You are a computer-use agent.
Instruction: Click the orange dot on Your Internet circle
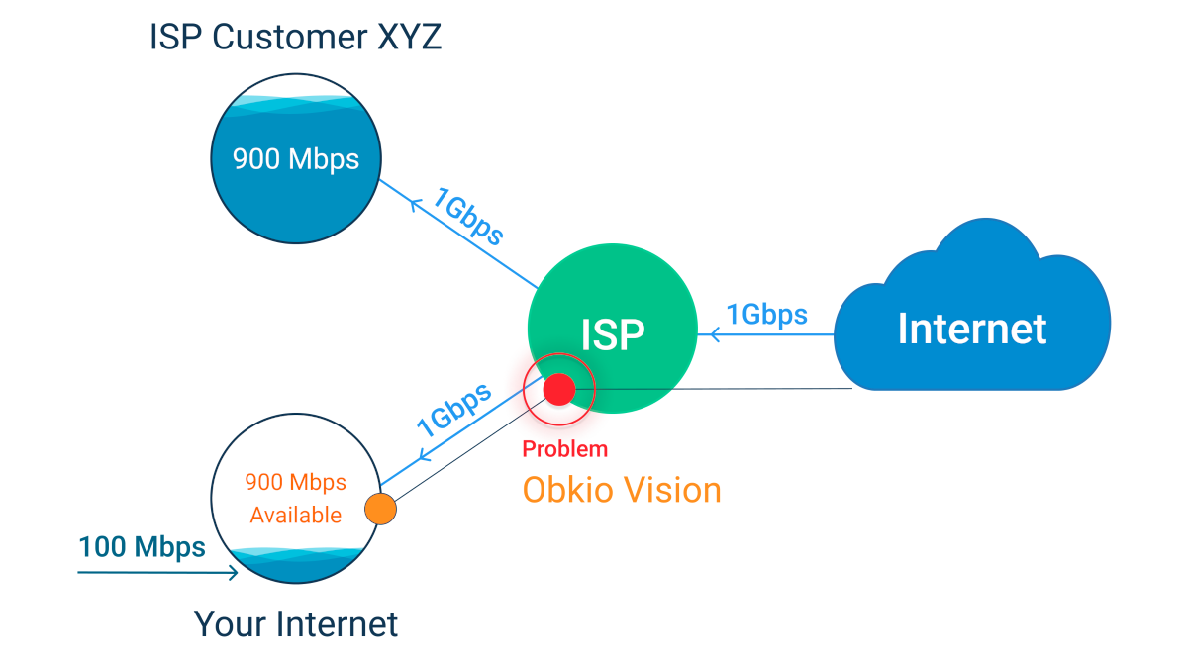click(x=380, y=509)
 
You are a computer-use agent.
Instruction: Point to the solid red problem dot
click(x=557, y=389)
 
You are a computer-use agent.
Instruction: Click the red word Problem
click(x=564, y=450)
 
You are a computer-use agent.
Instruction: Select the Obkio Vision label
click(x=622, y=489)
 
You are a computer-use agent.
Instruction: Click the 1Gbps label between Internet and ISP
click(x=766, y=315)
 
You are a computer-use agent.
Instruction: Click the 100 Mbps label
click(x=142, y=547)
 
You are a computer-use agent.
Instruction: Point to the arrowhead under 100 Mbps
click(x=234, y=572)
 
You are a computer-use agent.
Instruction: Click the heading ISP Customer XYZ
click(x=295, y=38)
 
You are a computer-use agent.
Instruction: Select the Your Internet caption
click(x=295, y=624)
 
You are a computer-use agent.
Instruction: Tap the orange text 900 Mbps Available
click(x=295, y=498)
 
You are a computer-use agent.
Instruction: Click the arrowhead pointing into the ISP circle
click(x=705, y=335)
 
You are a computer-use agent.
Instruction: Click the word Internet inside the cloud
click(x=971, y=329)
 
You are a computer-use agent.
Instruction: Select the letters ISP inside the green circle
click(x=613, y=335)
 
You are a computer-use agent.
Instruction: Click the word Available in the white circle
click(x=295, y=515)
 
